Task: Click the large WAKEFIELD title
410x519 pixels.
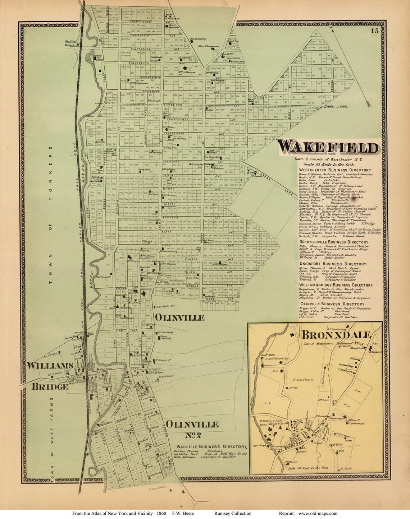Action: tap(328, 148)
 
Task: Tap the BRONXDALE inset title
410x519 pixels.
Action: tap(336, 335)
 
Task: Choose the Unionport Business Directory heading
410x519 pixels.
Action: tap(333, 264)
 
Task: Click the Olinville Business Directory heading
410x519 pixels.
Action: tap(332, 304)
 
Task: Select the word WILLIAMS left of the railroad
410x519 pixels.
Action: tap(50, 366)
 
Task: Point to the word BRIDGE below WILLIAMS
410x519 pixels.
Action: tap(50, 386)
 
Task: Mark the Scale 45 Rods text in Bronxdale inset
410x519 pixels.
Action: tap(308, 468)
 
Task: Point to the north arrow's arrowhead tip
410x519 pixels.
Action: tap(369, 106)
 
